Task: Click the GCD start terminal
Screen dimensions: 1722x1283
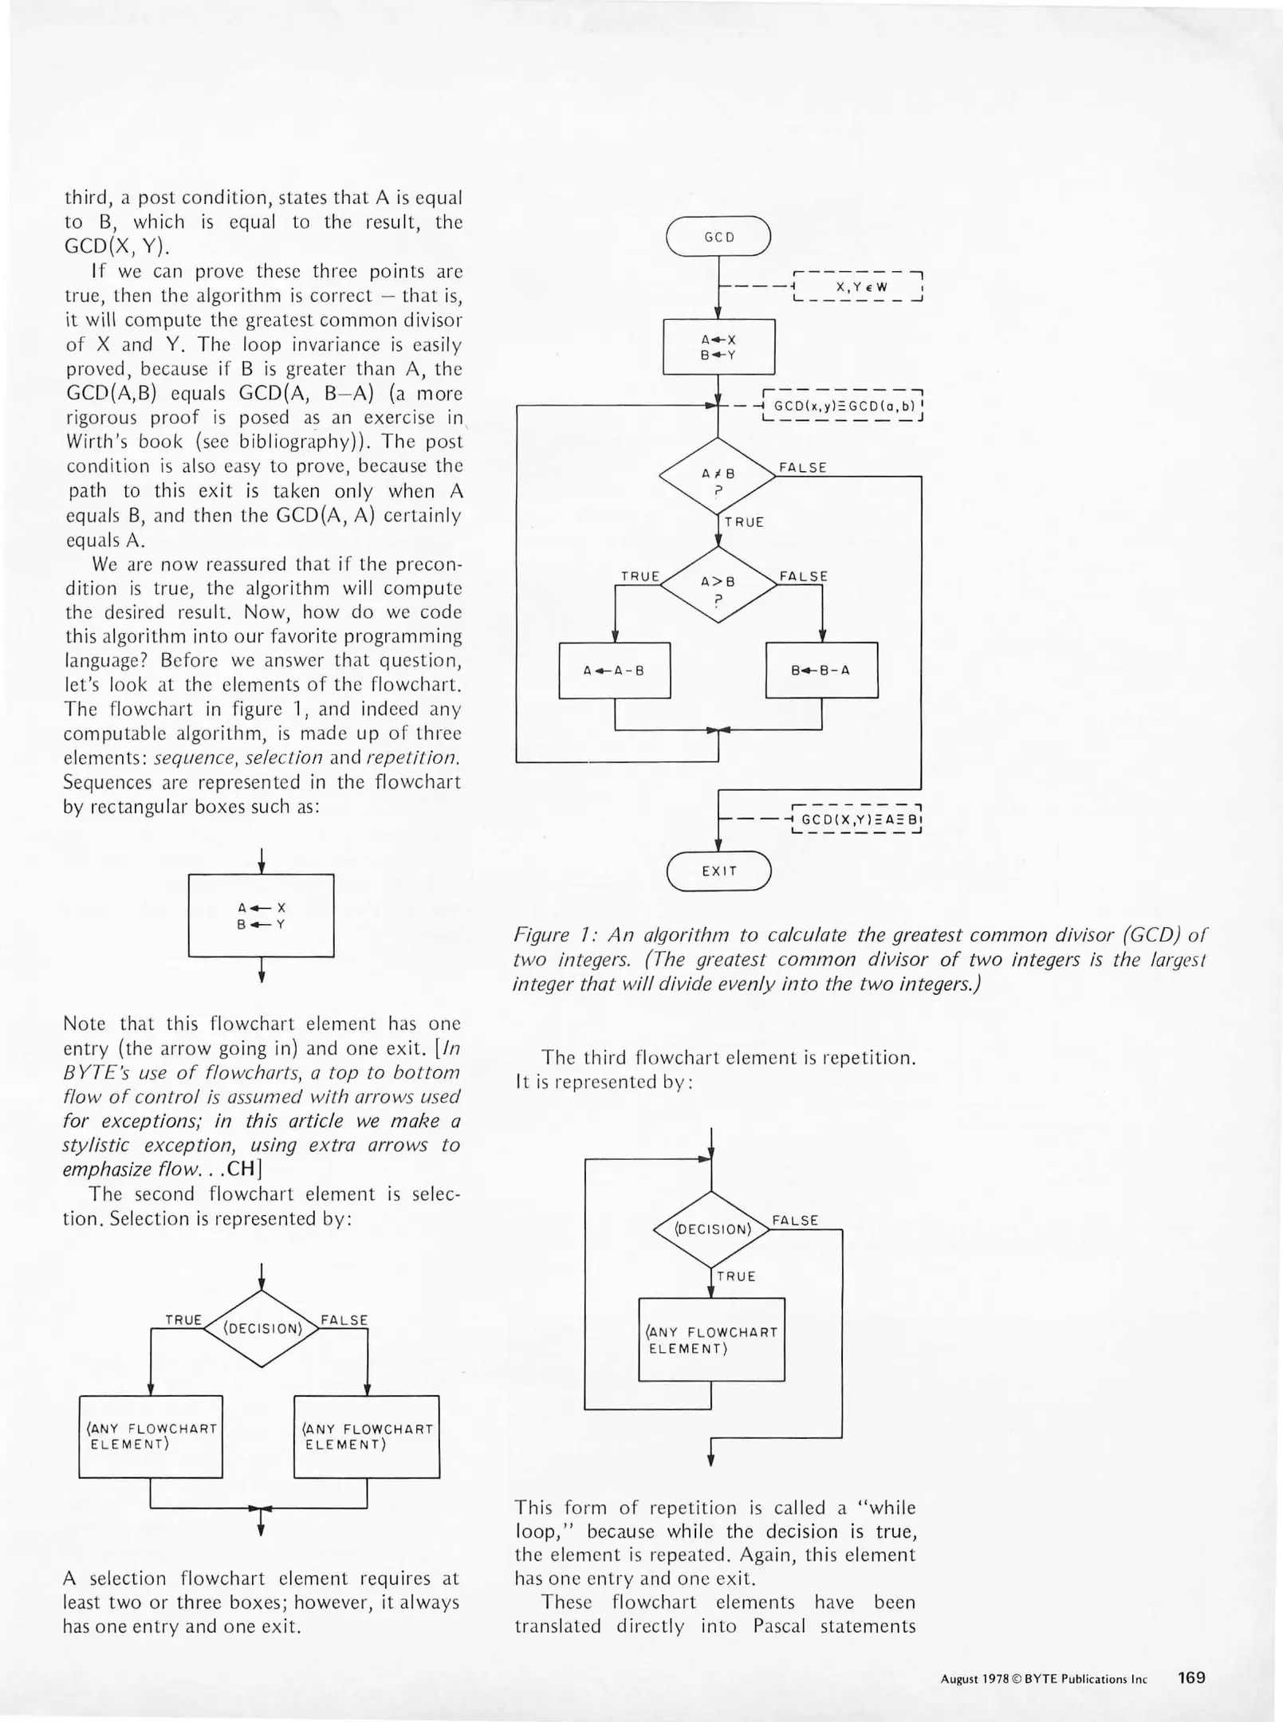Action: coord(718,237)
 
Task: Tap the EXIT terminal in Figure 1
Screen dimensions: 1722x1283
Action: coord(718,871)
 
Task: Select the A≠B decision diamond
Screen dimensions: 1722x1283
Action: coord(718,476)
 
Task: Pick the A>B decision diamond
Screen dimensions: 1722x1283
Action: coord(718,584)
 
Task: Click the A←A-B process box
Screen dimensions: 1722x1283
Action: coord(614,670)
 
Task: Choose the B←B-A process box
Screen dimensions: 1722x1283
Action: coord(821,670)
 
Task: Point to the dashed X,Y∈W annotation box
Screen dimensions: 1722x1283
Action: coord(857,286)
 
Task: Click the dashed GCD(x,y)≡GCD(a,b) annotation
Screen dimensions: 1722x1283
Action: coord(844,405)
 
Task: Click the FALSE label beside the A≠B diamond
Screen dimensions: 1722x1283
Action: coord(802,467)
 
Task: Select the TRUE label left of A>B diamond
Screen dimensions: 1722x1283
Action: coord(640,576)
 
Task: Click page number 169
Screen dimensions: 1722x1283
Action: coord(1191,1677)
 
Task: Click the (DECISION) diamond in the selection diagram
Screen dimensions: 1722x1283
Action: coord(262,1329)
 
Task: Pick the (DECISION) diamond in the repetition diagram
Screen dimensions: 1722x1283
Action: coord(711,1229)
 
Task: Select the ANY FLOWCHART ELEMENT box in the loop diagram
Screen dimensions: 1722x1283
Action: coord(711,1339)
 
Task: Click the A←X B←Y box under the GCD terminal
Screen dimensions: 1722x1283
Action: coord(718,347)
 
